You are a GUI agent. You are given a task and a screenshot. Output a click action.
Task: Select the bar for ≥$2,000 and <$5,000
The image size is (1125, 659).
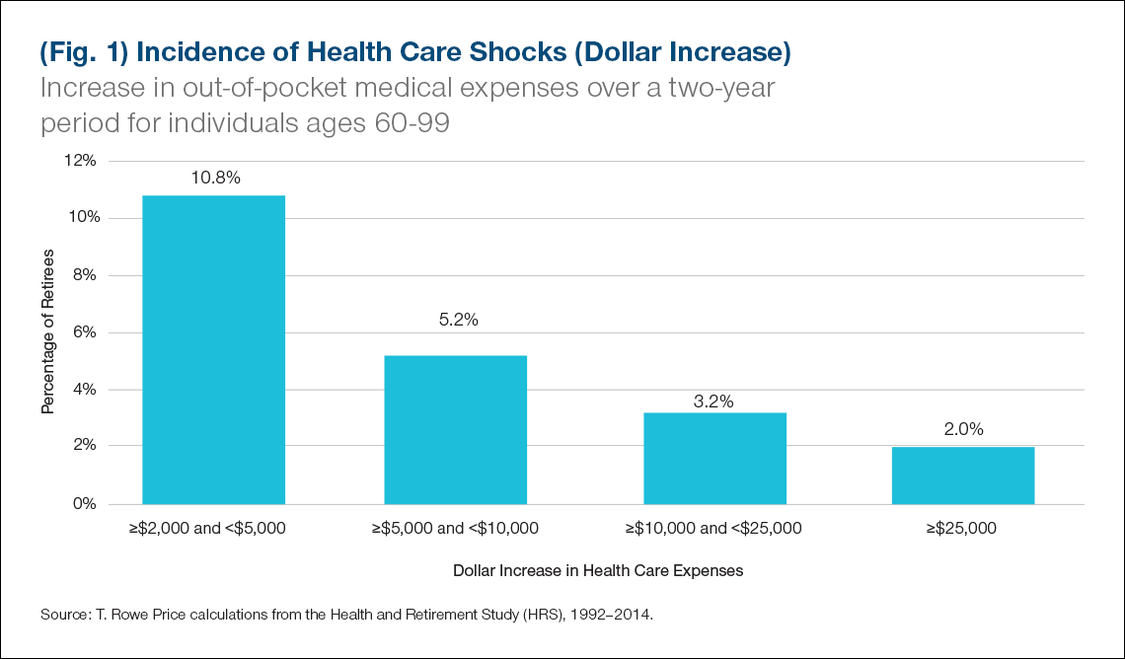point(214,350)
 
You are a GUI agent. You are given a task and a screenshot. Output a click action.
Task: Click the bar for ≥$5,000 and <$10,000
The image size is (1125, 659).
point(455,430)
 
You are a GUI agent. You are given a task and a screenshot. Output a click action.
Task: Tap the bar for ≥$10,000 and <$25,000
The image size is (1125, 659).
point(714,459)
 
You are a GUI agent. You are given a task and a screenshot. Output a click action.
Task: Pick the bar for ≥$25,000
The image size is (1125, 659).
point(963,476)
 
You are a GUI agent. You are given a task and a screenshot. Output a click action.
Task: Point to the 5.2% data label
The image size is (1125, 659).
point(457,321)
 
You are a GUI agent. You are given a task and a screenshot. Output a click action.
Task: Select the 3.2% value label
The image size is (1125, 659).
point(713,401)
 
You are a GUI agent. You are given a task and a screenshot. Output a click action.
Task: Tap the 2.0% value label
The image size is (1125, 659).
point(964,430)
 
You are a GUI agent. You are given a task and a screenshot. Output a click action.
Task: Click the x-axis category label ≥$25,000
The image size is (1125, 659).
point(962,529)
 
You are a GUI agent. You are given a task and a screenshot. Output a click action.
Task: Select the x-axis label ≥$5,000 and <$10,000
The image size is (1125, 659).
point(455,529)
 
